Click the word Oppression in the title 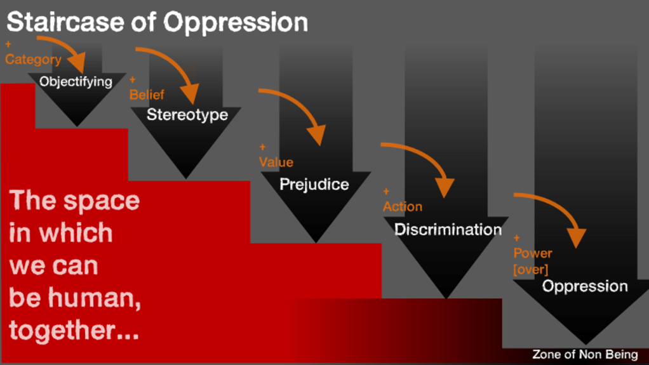(x=235, y=23)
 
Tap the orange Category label (x=33, y=60)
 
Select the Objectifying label (x=76, y=81)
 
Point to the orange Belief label (x=147, y=95)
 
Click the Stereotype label (x=187, y=115)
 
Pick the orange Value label (x=276, y=162)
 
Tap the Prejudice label (x=314, y=185)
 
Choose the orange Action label (x=403, y=206)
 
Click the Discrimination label (x=448, y=229)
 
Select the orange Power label (x=533, y=253)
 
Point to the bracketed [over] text (x=530, y=269)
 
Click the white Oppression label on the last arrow (x=585, y=286)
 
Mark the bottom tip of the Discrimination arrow (x=446, y=297)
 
